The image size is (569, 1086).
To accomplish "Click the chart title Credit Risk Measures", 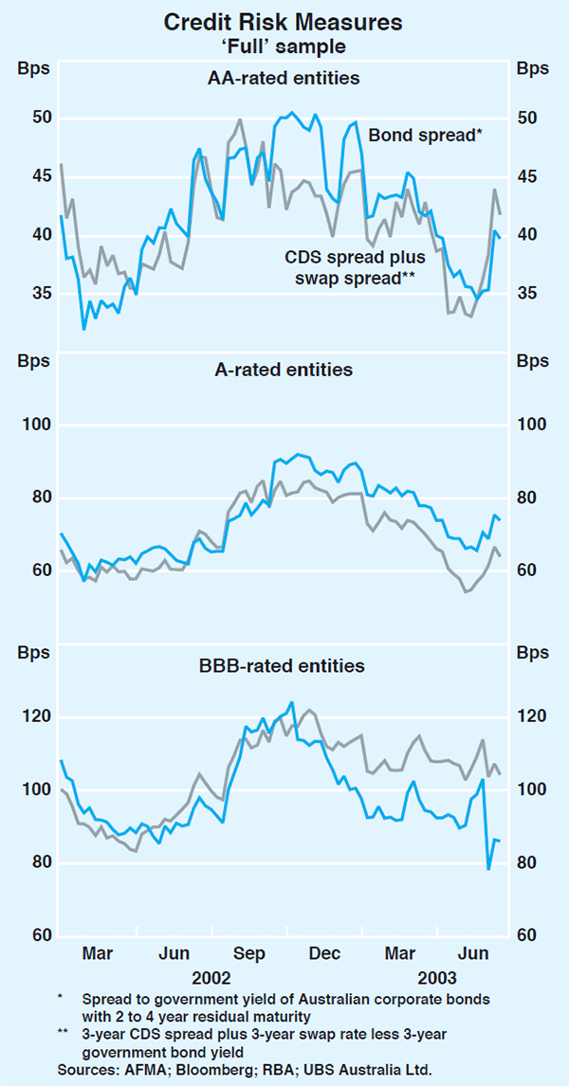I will (x=284, y=20).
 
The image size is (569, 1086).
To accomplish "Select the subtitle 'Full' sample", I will (x=284, y=44).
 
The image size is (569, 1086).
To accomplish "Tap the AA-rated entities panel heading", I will (x=284, y=79).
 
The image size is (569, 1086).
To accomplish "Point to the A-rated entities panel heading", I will (x=284, y=370).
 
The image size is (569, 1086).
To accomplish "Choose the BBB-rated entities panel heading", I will (x=284, y=666).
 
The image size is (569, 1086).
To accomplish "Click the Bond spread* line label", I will (x=426, y=136).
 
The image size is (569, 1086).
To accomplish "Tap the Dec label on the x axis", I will (x=325, y=952).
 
